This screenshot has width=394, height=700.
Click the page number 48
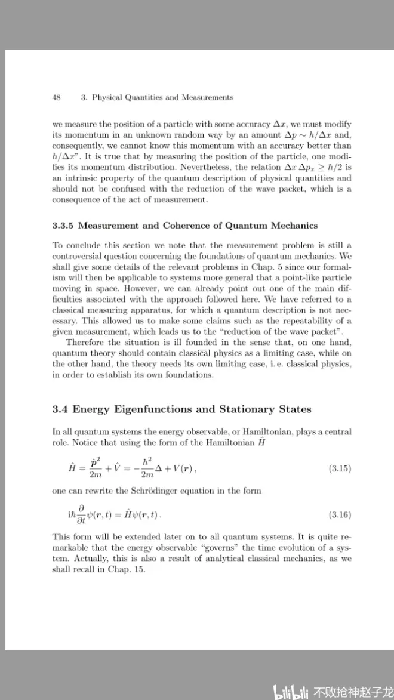(x=57, y=97)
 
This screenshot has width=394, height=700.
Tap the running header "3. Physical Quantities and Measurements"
(x=156, y=97)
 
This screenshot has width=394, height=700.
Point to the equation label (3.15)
(x=340, y=468)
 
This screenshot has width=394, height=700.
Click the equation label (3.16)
(x=340, y=514)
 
